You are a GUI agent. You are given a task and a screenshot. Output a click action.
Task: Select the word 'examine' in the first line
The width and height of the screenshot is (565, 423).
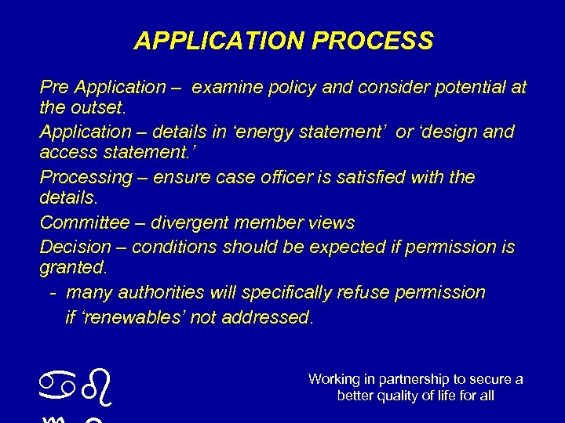click(224, 87)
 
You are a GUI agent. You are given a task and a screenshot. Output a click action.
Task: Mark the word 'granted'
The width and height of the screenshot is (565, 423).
click(72, 267)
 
